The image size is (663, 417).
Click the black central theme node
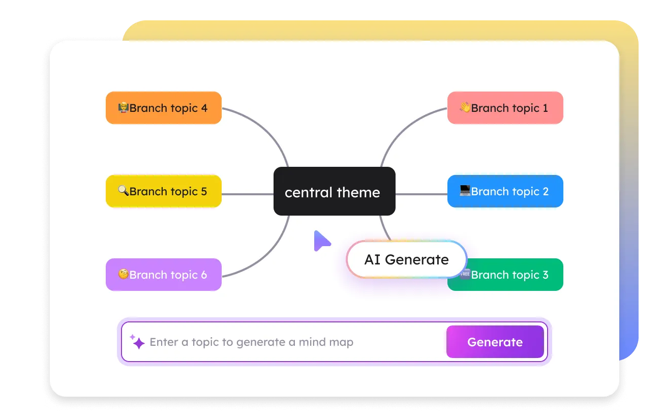coord(334,191)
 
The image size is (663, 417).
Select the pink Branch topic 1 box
coord(505,108)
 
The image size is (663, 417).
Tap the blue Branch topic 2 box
coord(505,191)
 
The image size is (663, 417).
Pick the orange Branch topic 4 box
coord(163,108)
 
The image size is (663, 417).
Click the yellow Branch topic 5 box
coord(163,191)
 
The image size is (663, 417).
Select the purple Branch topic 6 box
coord(163,275)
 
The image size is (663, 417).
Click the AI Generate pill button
coord(406,259)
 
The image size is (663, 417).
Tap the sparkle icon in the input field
coord(137,342)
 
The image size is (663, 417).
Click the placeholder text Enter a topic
coord(251,342)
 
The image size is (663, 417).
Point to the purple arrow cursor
coord(321,241)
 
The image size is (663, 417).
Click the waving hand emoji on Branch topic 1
coord(465,107)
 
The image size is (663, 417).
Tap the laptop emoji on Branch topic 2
coord(465,191)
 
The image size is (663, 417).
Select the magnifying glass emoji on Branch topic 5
coord(123,191)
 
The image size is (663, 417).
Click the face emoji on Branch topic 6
coord(123,274)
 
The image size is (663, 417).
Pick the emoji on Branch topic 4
coord(123,107)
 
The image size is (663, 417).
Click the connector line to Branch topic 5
coord(247,194)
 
